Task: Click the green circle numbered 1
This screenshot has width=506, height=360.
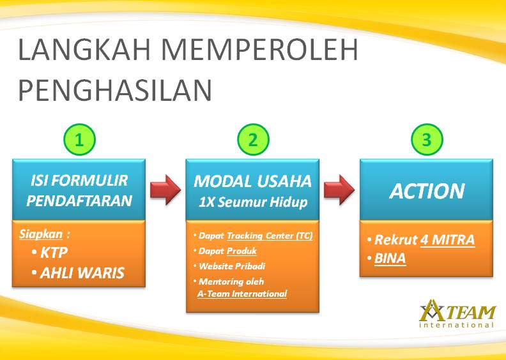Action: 79,140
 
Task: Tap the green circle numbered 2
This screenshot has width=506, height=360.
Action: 253,140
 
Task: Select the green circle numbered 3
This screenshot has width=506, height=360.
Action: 427,140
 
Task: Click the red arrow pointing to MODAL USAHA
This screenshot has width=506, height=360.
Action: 165,190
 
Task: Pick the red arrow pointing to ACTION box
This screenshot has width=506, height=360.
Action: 339,190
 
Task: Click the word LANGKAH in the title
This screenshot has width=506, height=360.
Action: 84,50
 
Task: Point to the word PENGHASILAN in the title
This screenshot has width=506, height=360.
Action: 115,90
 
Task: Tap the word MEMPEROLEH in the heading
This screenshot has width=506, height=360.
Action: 259,50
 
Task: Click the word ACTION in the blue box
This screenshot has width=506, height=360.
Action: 427,191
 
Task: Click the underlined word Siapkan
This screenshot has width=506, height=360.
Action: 41,234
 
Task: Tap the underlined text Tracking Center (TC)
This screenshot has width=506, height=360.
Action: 270,236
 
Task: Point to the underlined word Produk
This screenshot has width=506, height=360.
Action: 241,251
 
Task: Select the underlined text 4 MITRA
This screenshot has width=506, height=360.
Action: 448,240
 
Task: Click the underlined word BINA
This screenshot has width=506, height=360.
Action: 390,259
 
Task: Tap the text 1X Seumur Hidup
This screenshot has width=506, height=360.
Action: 252,202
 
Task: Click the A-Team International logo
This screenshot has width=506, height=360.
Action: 457,313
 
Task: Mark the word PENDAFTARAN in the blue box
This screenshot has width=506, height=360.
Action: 79,200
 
